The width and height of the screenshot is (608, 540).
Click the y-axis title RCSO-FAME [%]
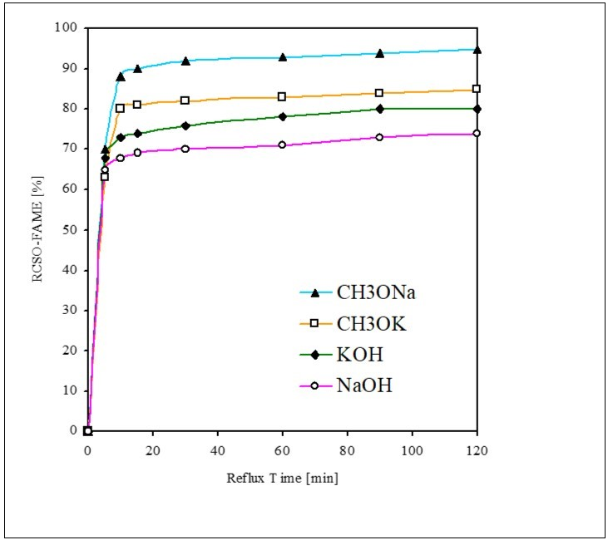(x=37, y=229)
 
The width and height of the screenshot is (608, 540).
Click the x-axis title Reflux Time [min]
(x=282, y=479)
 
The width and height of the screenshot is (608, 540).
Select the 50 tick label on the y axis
(x=70, y=229)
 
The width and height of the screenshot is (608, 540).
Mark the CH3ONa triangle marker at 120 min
(x=477, y=50)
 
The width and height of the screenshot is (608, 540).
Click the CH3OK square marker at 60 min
(x=282, y=97)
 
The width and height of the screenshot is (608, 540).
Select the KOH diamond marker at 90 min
(x=379, y=109)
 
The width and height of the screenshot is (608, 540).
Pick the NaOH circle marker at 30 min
(x=185, y=149)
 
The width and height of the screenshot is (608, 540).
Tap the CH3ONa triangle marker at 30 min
(x=185, y=61)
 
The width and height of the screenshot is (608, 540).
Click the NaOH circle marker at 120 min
(x=477, y=134)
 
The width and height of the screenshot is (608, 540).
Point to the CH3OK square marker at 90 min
(x=379, y=93)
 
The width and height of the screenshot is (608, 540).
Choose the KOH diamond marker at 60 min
(x=282, y=116)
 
